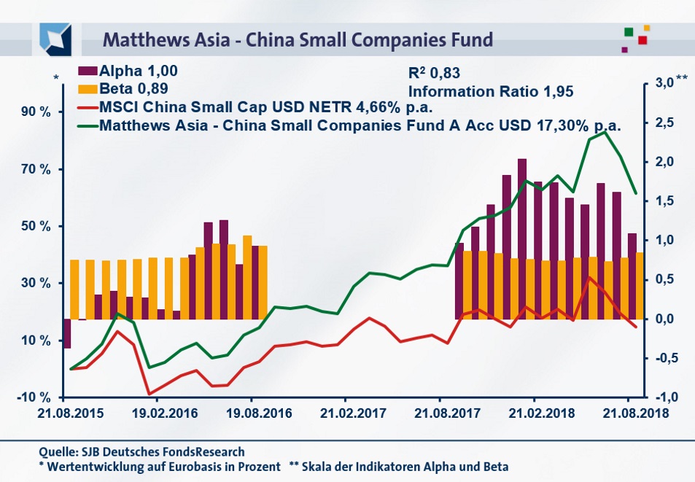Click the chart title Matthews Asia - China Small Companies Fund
pyautogui.click(x=298, y=38)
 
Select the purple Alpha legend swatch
pyautogui.click(x=88, y=71)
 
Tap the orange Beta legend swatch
pyautogui.click(x=88, y=89)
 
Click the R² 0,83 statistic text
pyautogui.click(x=435, y=73)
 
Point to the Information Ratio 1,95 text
pyautogui.click(x=491, y=92)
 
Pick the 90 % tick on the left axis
pyautogui.click(x=35, y=112)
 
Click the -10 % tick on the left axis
pyautogui.click(x=35, y=397)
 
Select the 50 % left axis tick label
pyautogui.click(x=35, y=226)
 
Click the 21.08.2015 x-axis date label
pyautogui.click(x=63, y=412)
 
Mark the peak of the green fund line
pyautogui.click(x=604, y=132)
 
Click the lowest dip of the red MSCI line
pyautogui.click(x=150, y=394)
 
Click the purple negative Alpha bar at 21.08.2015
pyautogui.click(x=66, y=334)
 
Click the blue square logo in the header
pyautogui.click(x=57, y=38)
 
